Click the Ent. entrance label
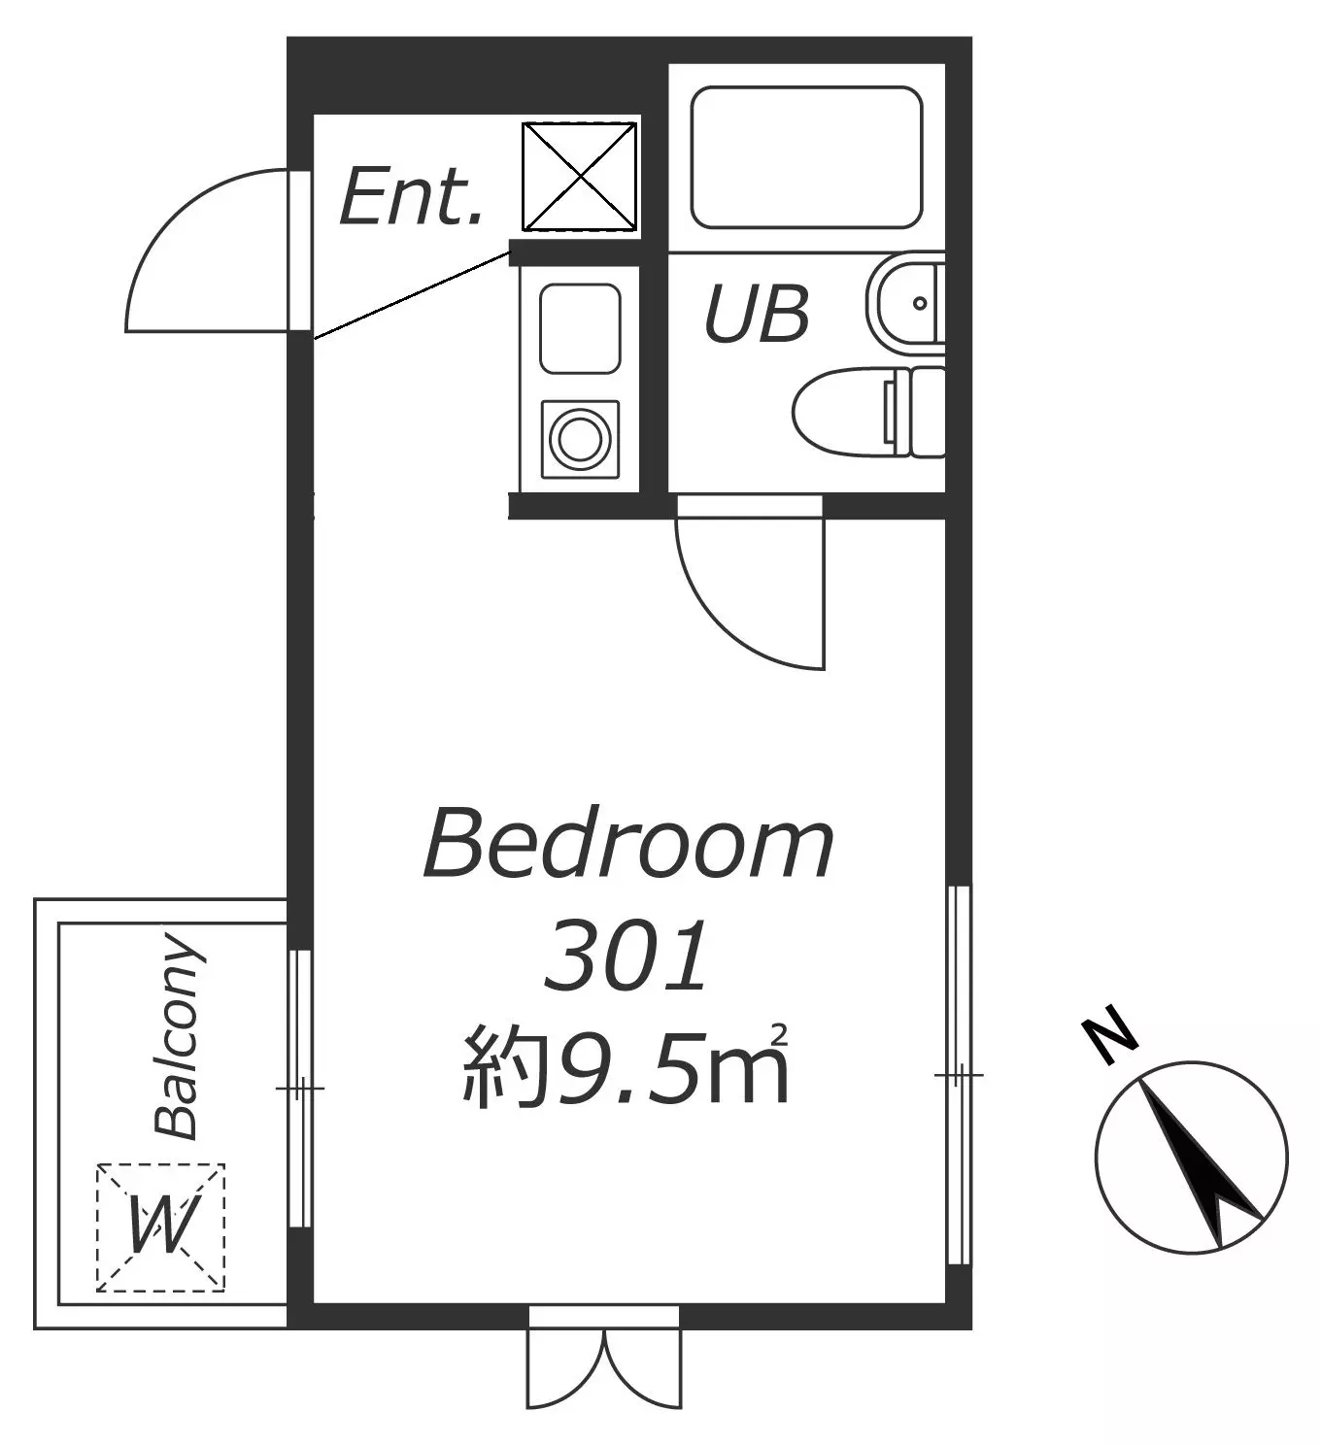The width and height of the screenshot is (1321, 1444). pyautogui.click(x=411, y=196)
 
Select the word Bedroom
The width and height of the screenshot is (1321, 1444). pyautogui.click(x=628, y=842)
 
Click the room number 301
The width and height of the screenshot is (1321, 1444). pyautogui.click(x=626, y=956)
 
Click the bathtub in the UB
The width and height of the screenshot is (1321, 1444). pyautogui.click(x=806, y=157)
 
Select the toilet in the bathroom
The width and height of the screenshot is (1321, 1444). pyautogui.click(x=868, y=412)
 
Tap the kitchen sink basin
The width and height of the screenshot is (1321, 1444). pyautogui.click(x=580, y=328)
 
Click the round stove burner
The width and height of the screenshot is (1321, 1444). pyautogui.click(x=580, y=438)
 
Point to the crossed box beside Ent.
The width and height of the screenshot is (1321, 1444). pyautogui.click(x=580, y=177)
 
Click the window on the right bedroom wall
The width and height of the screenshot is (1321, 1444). pyautogui.click(x=959, y=1075)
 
